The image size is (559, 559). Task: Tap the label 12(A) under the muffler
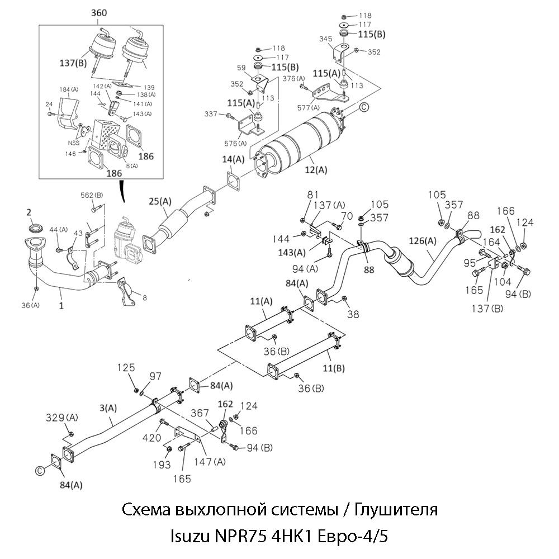click(x=315, y=168)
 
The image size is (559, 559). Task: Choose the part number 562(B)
click(x=92, y=195)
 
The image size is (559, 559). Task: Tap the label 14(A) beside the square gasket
click(x=233, y=159)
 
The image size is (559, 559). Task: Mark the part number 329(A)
click(x=61, y=418)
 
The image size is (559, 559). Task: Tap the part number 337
click(x=211, y=115)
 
